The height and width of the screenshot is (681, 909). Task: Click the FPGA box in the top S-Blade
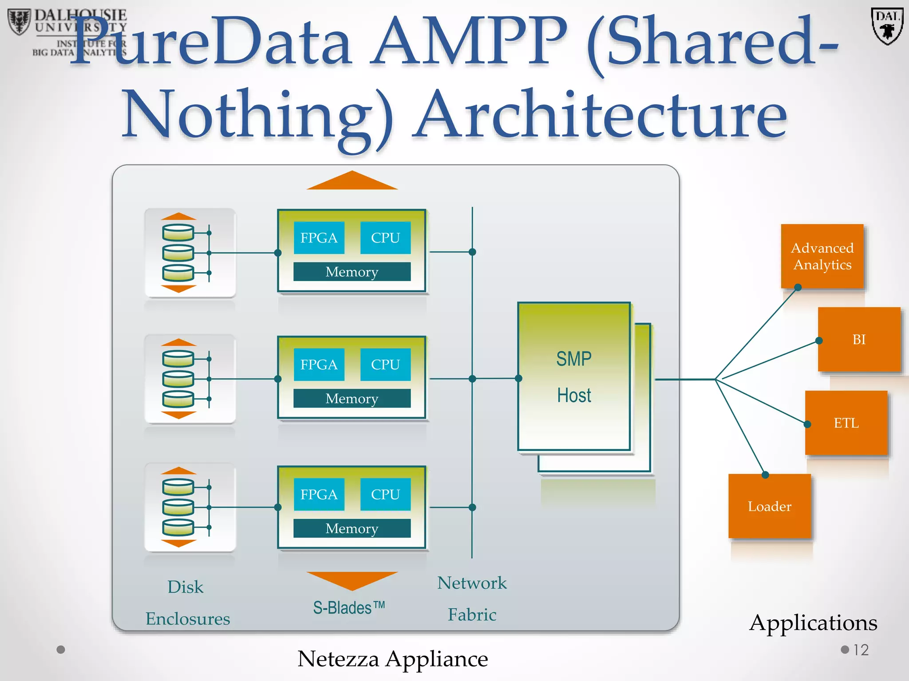[x=319, y=238]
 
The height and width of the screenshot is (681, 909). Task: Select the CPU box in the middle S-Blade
[x=385, y=364]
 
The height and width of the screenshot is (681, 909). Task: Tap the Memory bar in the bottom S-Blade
[x=352, y=528]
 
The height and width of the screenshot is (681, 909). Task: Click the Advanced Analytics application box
[x=822, y=256]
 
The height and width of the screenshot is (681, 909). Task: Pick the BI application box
[x=859, y=340]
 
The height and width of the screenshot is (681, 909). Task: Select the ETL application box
[x=846, y=423]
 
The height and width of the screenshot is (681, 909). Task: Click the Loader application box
[x=769, y=506]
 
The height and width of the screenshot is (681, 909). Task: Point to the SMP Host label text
[x=574, y=377]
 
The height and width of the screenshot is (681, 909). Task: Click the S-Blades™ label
[x=349, y=608]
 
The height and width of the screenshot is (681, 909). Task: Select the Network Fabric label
[x=472, y=599]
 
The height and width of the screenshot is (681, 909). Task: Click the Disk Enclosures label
[x=187, y=603]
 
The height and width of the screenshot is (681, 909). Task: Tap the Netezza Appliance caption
[x=392, y=659]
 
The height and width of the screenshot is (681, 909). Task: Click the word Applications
[x=813, y=623]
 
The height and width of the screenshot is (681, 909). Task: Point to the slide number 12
[x=861, y=650]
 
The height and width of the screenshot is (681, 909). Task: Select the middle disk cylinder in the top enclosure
[x=178, y=253]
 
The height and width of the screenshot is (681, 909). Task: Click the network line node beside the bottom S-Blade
[x=472, y=507]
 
